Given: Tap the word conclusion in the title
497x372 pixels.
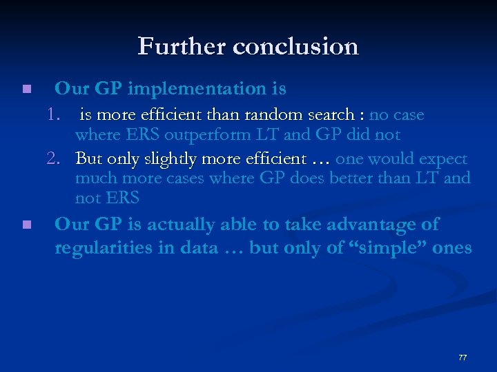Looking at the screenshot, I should click(296, 47).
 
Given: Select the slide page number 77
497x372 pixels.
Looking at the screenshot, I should click(462, 358).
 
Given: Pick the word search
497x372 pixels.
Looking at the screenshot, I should click(336, 115).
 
